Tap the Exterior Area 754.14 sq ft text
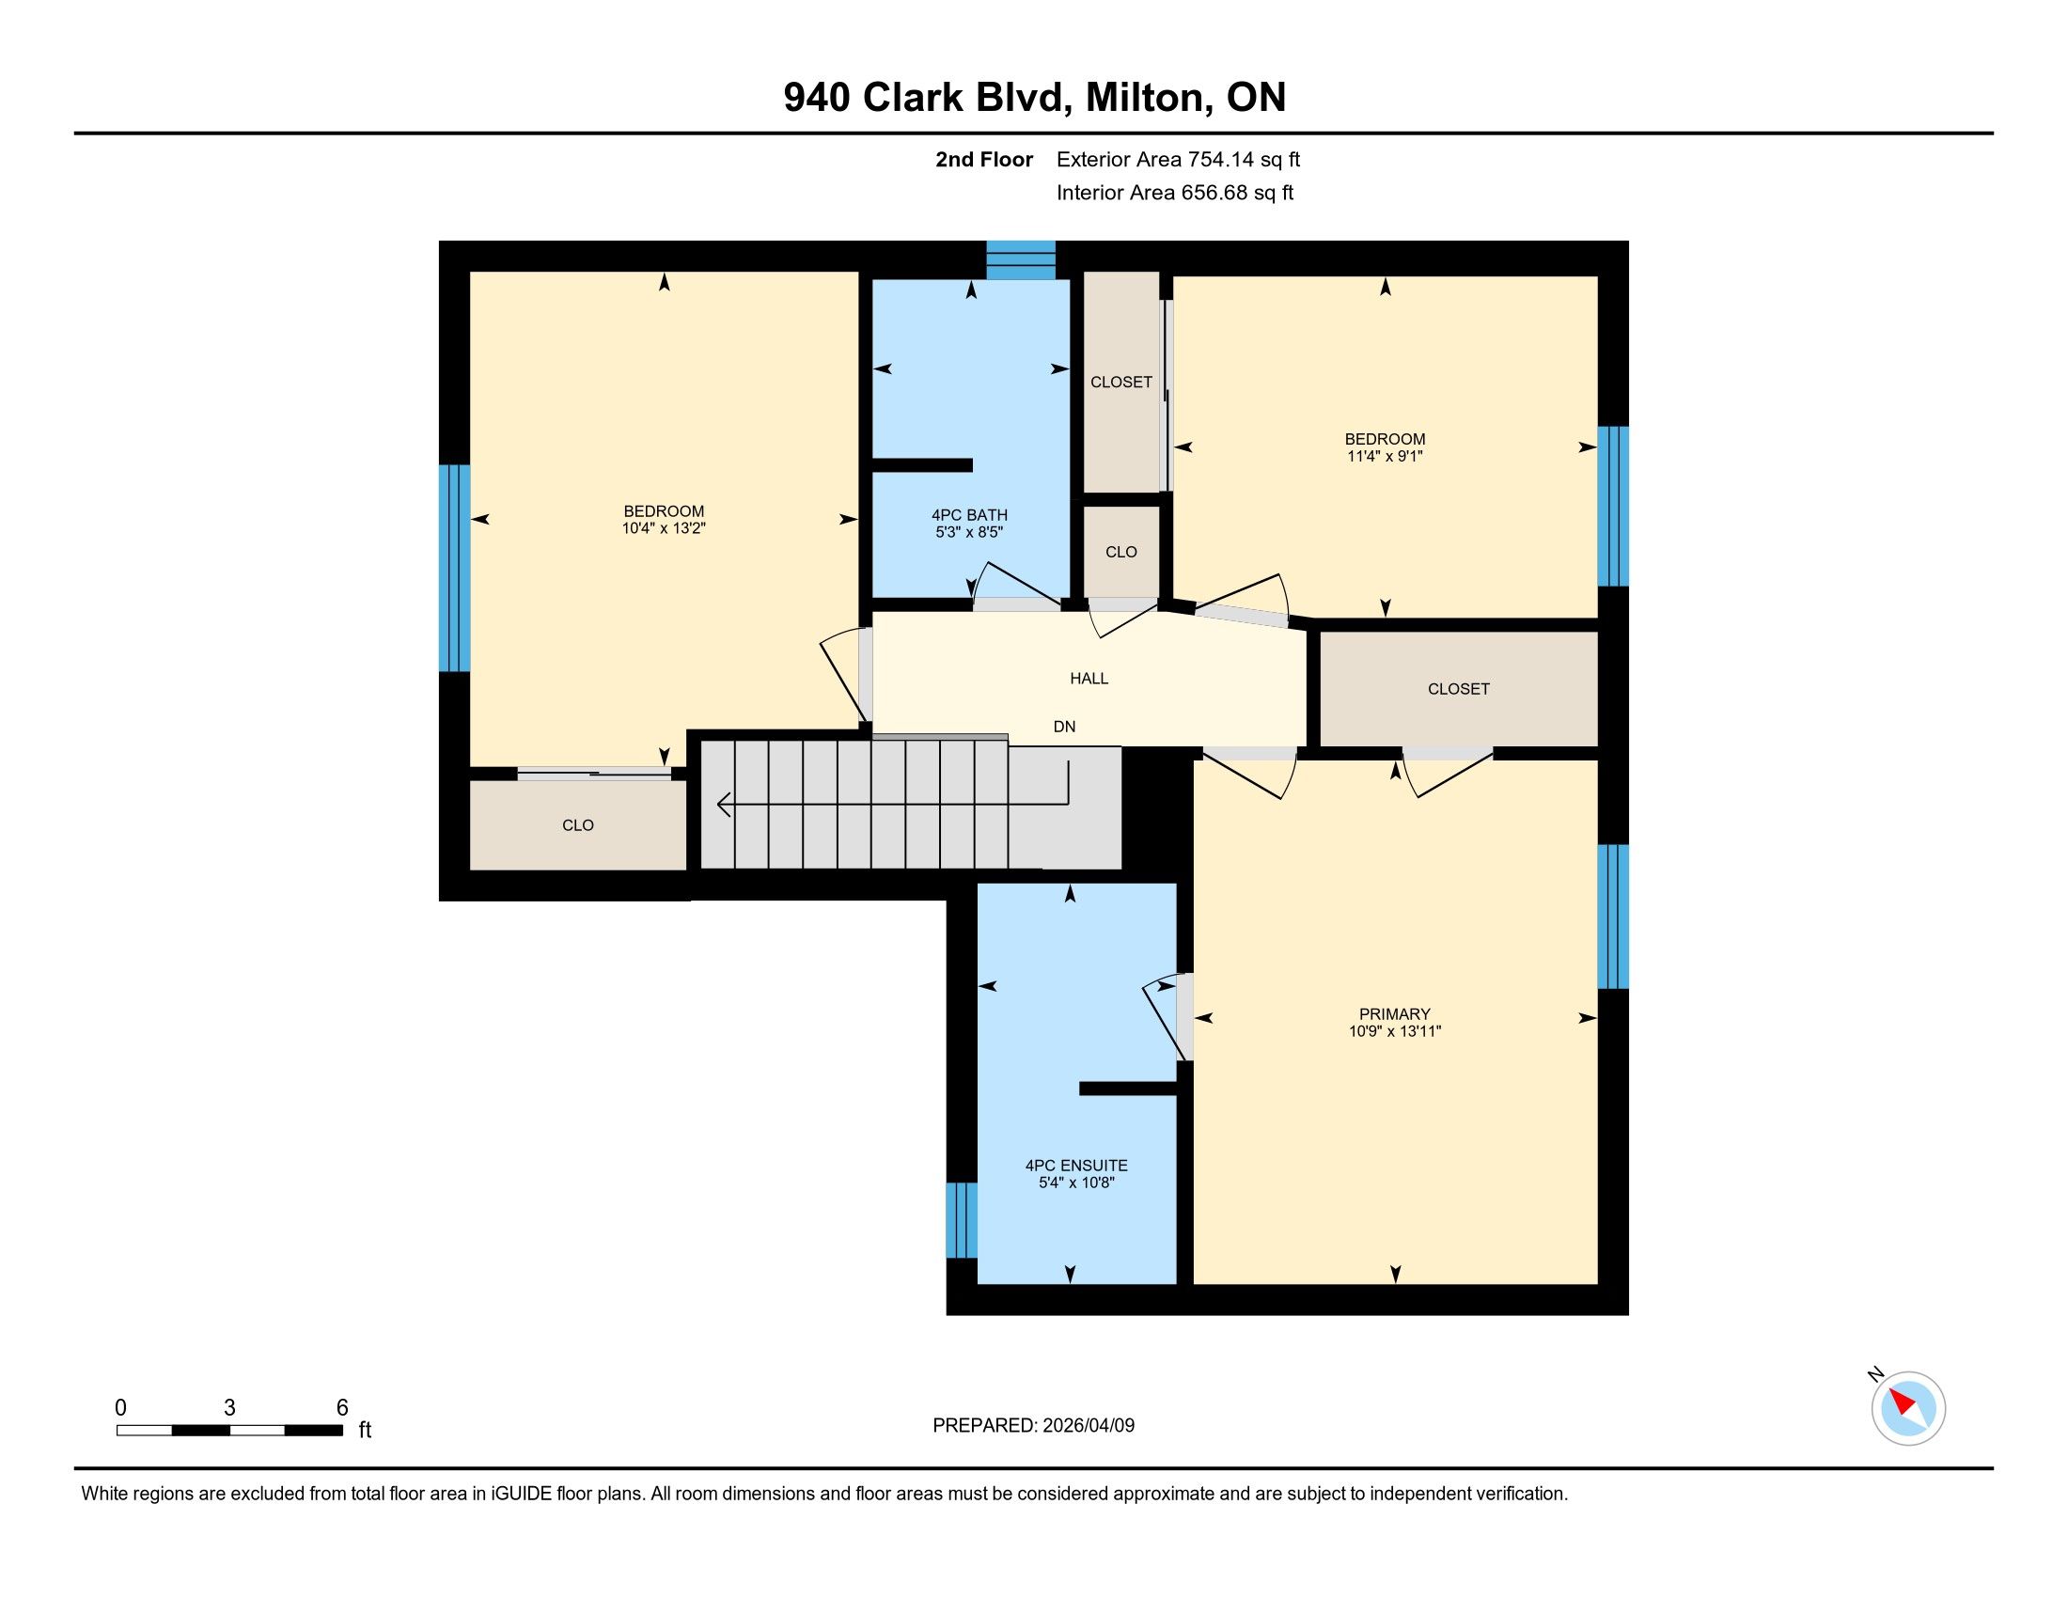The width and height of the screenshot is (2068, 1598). point(1178,159)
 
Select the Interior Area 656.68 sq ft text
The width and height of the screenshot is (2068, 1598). point(1174,193)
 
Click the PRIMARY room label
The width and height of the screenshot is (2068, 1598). point(1394,1014)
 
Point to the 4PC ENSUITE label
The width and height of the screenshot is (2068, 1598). point(1076,1166)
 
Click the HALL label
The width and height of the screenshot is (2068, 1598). point(1089,678)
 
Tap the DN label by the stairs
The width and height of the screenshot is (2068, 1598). point(1064,726)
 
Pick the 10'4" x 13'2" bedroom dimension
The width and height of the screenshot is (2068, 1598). point(664,528)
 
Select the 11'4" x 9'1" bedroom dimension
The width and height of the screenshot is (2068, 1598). point(1386,455)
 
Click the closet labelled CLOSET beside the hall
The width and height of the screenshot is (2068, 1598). point(1458,688)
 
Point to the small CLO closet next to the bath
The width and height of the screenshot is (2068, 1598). point(1121,552)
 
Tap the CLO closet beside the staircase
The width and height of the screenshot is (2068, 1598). point(577,824)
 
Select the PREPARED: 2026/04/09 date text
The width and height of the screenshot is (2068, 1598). point(1033,1425)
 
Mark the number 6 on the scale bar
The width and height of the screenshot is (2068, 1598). point(342,1407)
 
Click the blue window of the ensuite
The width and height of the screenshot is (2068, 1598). point(961,1220)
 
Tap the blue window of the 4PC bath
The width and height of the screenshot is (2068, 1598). point(1021,260)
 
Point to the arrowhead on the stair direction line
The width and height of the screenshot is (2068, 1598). point(724,805)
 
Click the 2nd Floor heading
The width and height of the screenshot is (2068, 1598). point(984,159)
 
